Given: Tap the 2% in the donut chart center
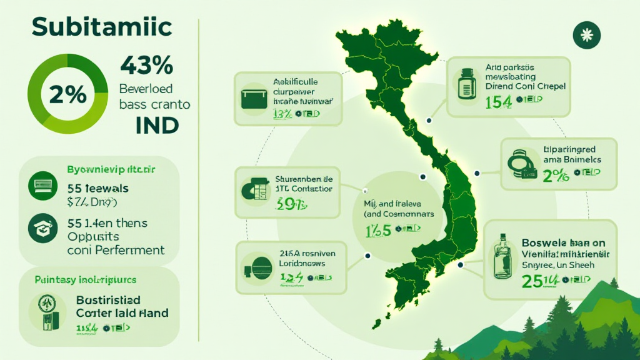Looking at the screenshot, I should (x=62, y=94).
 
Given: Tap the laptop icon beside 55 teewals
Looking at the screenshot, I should (x=42, y=185).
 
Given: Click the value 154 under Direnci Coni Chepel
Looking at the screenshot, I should (x=497, y=102).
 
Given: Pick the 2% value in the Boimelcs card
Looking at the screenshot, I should (x=556, y=177).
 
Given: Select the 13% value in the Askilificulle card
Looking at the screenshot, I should (x=282, y=113).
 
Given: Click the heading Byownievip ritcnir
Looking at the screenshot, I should (x=111, y=169).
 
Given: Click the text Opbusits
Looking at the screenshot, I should (x=94, y=237).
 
